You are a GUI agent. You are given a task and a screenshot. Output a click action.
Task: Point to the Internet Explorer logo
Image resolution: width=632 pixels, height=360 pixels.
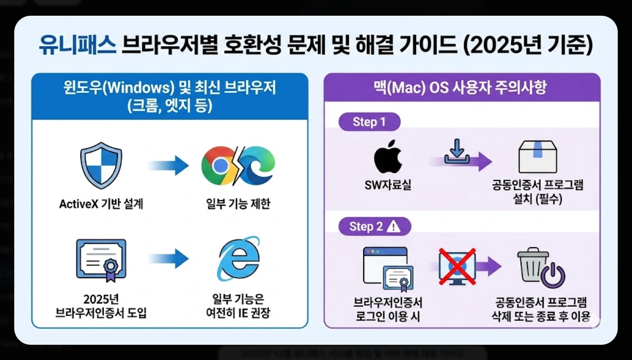[238, 259]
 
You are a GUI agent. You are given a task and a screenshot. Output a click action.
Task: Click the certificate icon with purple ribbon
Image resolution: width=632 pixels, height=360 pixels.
[101, 260]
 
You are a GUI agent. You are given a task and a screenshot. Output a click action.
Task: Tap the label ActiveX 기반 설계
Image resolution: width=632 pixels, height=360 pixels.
[101, 204]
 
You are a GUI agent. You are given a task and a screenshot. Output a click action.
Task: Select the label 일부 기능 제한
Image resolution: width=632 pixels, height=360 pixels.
[238, 204]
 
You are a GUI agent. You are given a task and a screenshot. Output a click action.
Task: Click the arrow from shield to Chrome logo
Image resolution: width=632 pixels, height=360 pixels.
[168, 166]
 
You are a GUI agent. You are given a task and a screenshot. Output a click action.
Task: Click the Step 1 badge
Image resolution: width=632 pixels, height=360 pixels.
[369, 122]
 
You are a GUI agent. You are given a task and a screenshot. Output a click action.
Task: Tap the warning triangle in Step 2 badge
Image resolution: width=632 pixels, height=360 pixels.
[394, 226]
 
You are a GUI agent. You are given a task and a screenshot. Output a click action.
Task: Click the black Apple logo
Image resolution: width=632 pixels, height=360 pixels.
[388, 159]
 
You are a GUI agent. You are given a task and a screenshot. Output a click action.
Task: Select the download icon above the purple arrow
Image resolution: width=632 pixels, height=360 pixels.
[457, 151]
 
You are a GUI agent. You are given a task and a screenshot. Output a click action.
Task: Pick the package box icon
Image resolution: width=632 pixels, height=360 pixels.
[537, 157]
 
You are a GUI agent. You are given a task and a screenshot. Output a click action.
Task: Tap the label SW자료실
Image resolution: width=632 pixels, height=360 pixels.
[388, 185]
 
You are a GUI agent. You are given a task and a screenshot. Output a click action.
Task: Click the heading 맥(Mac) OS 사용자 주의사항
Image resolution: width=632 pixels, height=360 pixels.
[461, 88]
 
